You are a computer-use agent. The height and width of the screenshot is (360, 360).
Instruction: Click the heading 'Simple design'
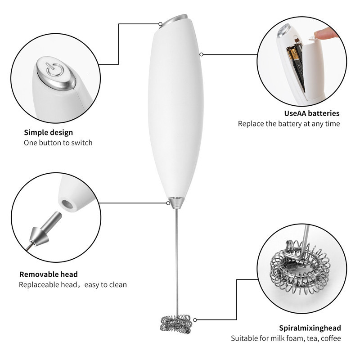pyautogui.click(x=49, y=132)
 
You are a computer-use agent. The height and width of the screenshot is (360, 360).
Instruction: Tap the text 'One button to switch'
pyautogui.click(x=58, y=143)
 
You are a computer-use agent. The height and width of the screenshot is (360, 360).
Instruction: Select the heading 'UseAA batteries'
pyautogui.click(x=312, y=113)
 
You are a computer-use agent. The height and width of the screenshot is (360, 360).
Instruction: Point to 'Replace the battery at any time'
pyautogui.click(x=289, y=124)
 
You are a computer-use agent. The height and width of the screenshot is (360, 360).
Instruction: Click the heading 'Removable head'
pyautogui.click(x=49, y=274)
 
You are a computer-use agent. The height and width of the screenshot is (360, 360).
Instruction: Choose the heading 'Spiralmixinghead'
pyautogui.click(x=310, y=328)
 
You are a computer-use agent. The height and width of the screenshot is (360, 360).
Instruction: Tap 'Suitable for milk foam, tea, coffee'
pyautogui.click(x=286, y=338)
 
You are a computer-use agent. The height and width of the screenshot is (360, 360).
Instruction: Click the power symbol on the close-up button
pyautogui.click(x=54, y=70)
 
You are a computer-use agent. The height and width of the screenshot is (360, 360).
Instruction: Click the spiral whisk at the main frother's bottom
pyautogui.click(x=176, y=324)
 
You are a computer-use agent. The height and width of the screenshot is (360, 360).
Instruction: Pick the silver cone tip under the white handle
pyautogui.click(x=176, y=203)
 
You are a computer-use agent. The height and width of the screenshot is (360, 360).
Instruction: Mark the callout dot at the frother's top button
pyautogui.click(x=161, y=24)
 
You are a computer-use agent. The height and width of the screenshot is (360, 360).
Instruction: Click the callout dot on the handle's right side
pyautogui.click(x=201, y=54)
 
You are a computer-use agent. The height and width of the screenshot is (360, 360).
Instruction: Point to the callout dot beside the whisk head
pyautogui.click(x=195, y=320)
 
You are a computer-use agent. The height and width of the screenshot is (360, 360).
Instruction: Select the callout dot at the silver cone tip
pyautogui.click(x=168, y=203)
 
